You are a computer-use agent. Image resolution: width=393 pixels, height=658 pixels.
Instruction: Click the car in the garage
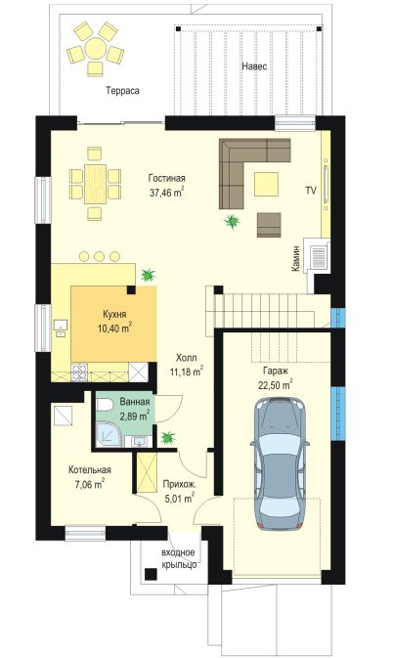coord(280,463)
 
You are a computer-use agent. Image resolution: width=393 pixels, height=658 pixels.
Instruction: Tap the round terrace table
coord(96,49)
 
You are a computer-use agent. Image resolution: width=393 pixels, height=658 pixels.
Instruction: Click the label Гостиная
coord(166,178)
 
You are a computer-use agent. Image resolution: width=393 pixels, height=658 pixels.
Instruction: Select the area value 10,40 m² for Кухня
coord(114,329)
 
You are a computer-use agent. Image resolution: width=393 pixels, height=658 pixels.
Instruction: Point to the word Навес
coord(254,66)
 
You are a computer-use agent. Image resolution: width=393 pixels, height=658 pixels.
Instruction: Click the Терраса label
coord(122,91)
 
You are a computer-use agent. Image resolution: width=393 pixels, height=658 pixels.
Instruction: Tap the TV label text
coord(310,191)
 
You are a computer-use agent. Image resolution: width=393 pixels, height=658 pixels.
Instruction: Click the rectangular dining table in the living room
coord(95,184)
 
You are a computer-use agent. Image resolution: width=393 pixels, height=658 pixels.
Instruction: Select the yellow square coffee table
coord(266,184)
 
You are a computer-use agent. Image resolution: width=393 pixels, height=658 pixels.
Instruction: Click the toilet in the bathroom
coord(104,406)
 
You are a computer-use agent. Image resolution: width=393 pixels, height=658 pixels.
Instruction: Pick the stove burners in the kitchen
coord(80,373)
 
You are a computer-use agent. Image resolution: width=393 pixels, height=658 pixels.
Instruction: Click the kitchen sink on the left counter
coord(61,329)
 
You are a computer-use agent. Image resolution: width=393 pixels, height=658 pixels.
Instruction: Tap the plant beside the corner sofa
coord(232,221)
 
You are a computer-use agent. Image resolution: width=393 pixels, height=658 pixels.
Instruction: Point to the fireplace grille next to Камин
coord(319,256)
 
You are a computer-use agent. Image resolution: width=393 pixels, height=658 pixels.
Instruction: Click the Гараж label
coord(276,371)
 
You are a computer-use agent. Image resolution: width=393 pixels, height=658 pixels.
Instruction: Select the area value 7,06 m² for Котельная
coord(89,485)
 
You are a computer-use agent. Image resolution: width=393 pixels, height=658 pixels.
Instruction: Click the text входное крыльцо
coord(179,558)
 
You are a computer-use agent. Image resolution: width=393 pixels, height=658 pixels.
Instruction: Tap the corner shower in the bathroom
coord(109,434)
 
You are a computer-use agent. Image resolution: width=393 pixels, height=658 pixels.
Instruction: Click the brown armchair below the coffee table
coord(269,225)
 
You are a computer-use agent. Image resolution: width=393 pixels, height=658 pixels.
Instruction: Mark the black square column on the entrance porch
coord(151,574)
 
